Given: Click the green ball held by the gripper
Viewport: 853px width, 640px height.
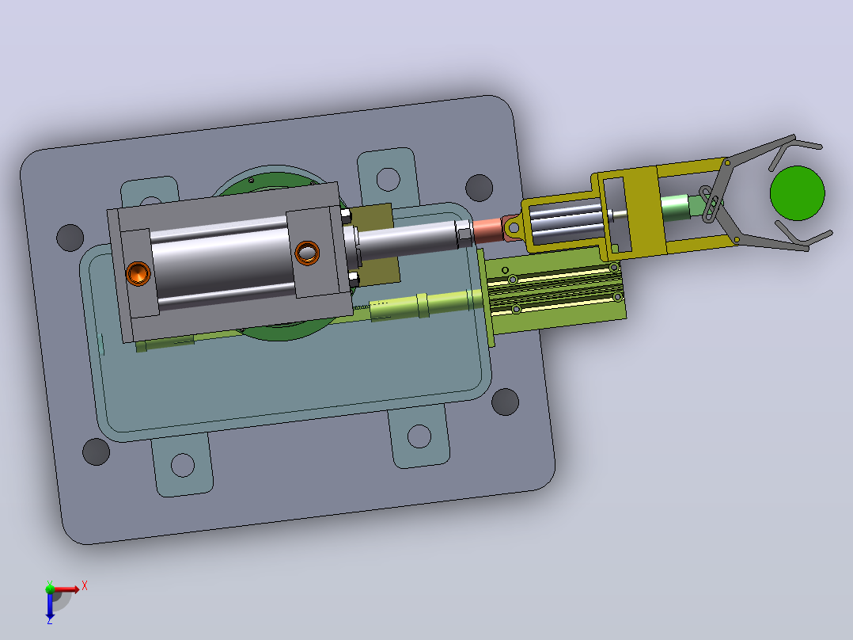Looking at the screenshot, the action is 797,193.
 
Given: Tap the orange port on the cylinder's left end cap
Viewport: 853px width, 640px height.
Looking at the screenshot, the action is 138,273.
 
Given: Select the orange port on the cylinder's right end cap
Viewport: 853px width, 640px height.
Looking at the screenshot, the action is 307,253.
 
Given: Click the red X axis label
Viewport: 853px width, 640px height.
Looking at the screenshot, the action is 85,586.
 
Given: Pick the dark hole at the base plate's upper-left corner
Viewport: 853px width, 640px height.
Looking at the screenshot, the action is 70,238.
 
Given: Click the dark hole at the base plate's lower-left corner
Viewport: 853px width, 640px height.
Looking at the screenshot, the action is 97,451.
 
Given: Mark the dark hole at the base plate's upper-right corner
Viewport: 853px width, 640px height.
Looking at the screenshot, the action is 480,188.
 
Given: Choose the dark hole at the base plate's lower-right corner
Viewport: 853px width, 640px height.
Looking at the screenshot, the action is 505,402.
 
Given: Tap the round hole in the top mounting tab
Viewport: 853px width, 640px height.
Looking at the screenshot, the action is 388,179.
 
